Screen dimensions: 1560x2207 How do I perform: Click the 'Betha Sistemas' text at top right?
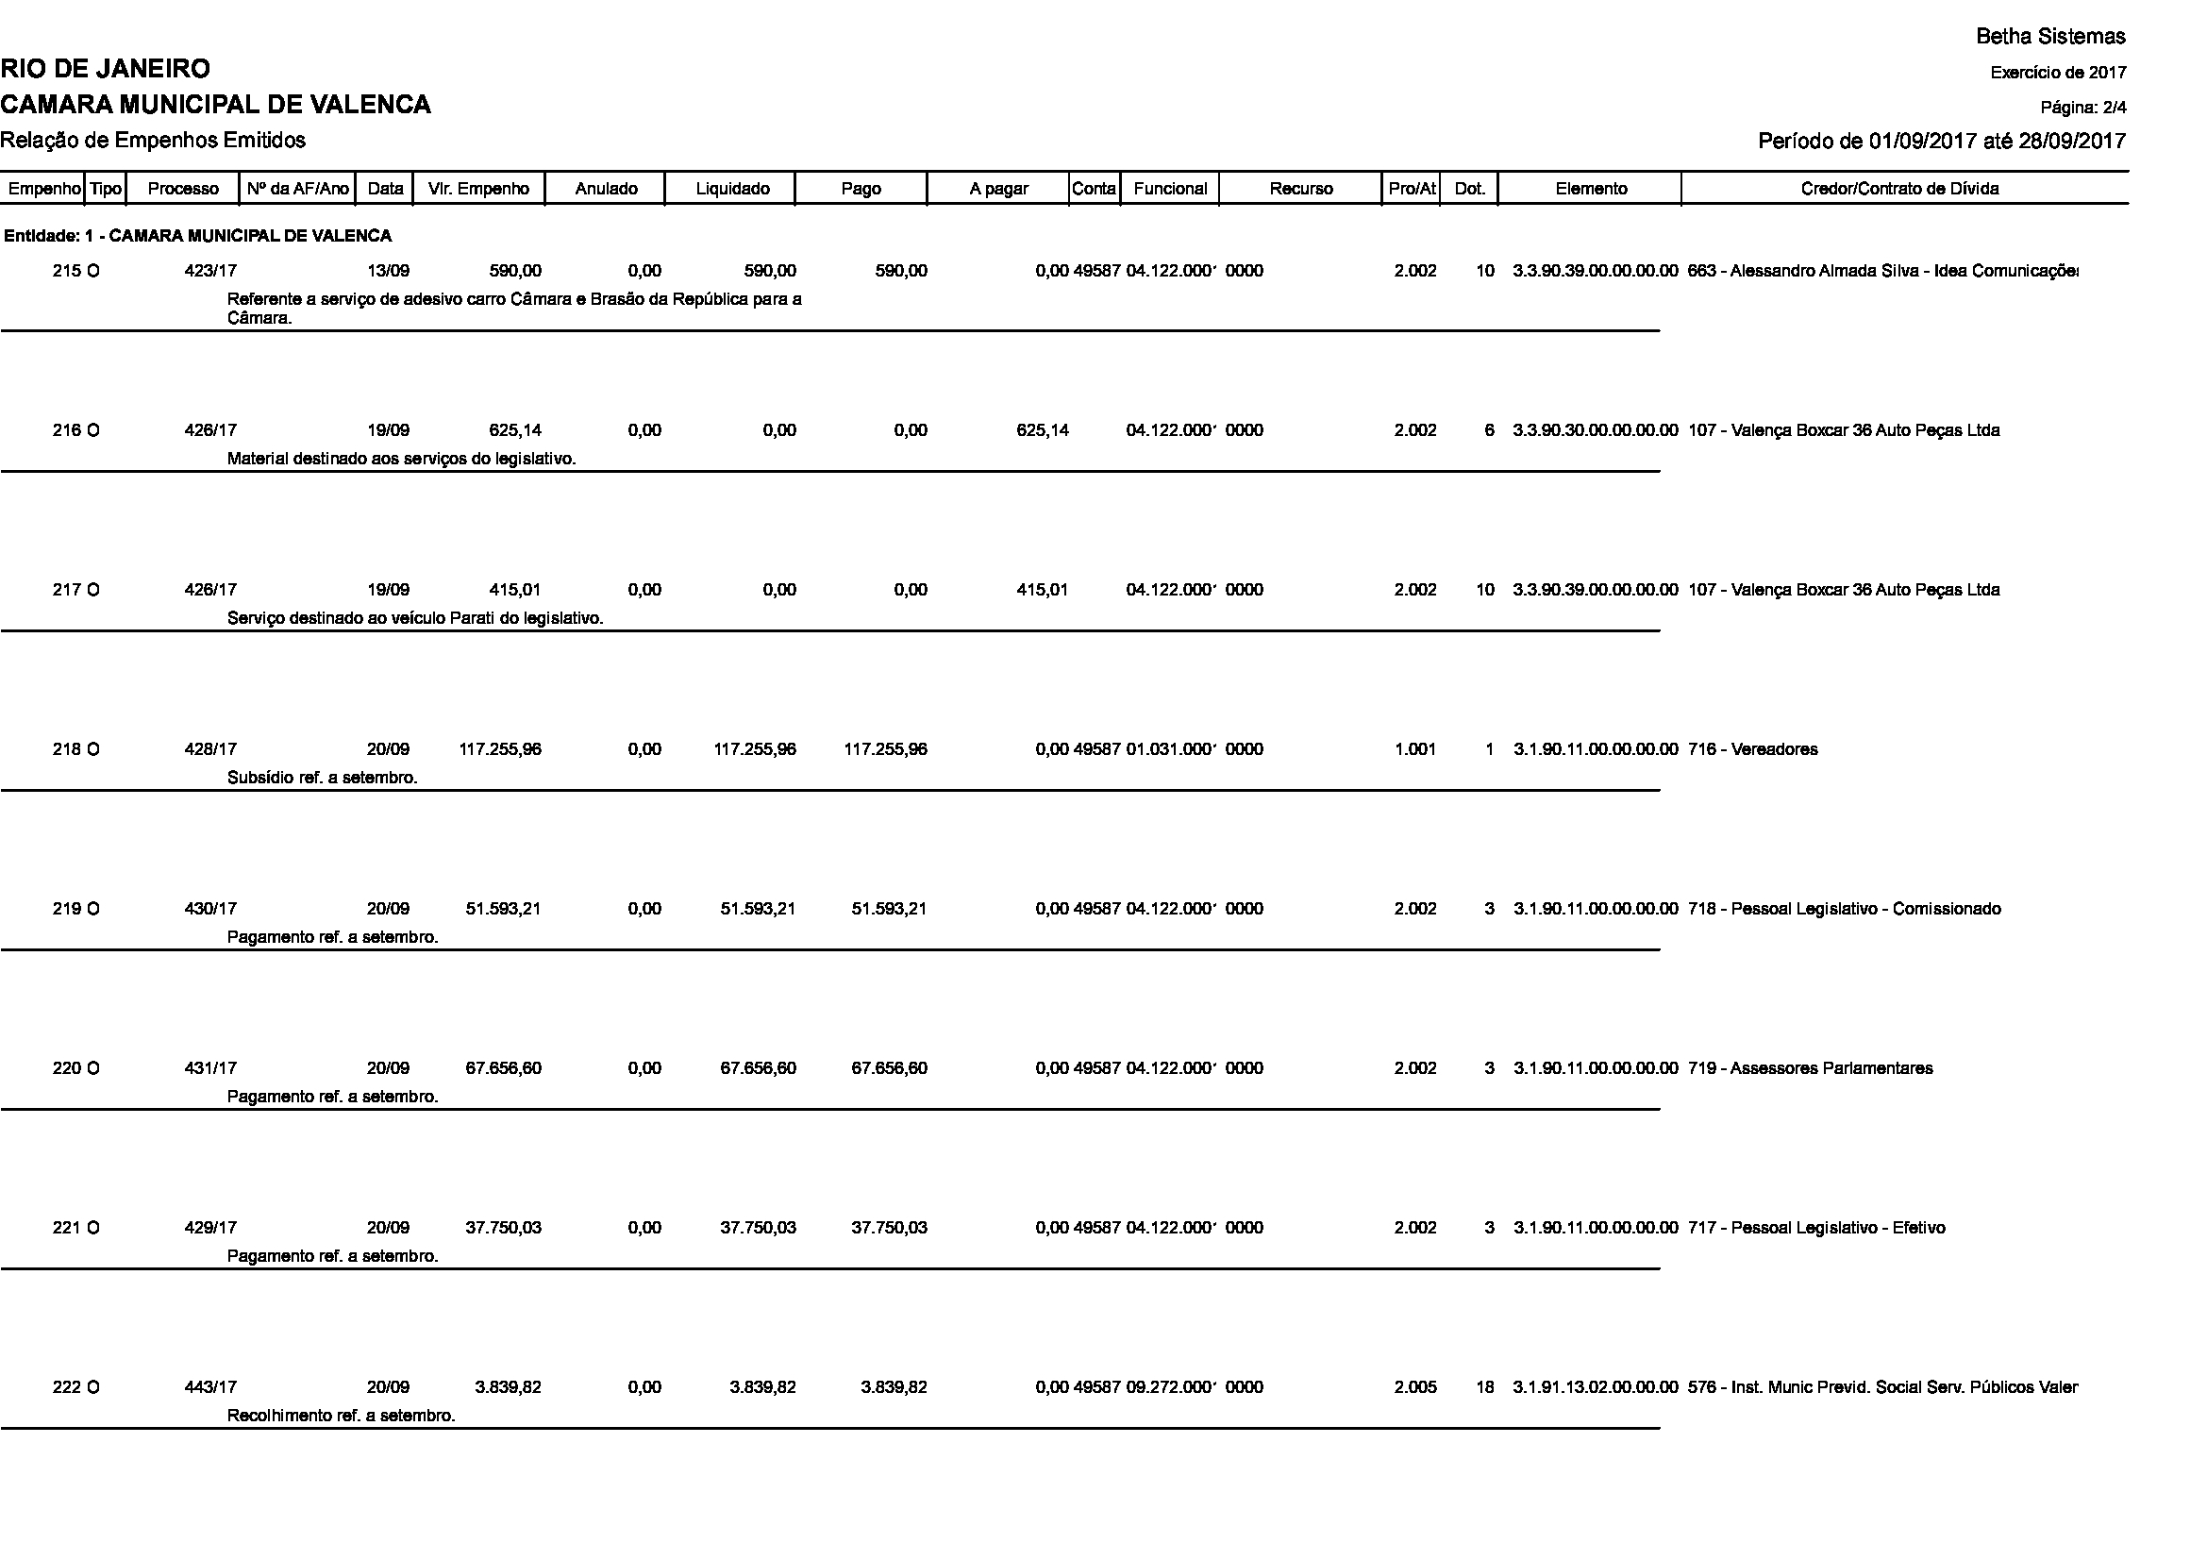[x=2050, y=37]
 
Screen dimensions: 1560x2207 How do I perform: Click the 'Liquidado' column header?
[x=731, y=190]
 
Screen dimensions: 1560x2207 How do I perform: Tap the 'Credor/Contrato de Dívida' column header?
[x=1899, y=190]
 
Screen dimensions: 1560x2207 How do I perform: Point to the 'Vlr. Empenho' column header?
[x=478, y=190]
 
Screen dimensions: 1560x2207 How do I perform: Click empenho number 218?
[x=66, y=749]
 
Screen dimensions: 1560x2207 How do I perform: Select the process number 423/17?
[x=210, y=271]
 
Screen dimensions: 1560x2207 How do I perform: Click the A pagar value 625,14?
[x=1042, y=430]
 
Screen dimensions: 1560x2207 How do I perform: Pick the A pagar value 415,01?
[x=1042, y=590]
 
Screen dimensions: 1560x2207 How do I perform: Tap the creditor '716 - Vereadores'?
[x=1752, y=749]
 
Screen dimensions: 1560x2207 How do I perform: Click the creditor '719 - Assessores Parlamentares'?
[x=1810, y=1069]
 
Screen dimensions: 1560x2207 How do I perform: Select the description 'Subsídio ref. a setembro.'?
[x=322, y=778]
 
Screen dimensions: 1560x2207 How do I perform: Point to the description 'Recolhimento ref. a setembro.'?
[x=341, y=1416]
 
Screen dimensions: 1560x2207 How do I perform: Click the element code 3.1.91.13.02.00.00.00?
[x=1595, y=1388]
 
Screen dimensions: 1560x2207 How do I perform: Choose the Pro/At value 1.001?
[x=1415, y=749]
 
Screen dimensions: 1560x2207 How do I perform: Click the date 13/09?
[x=389, y=271]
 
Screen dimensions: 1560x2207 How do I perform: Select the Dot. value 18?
[x=1485, y=1388]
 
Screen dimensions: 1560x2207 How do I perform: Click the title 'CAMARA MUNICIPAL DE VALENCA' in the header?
[x=215, y=105]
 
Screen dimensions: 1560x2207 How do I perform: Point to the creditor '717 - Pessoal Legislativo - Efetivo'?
[x=1815, y=1229]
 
